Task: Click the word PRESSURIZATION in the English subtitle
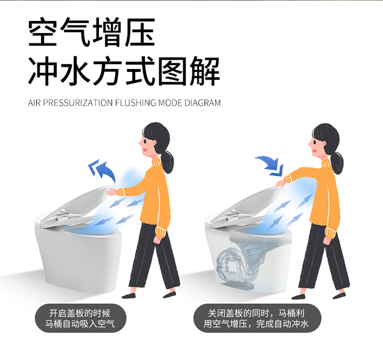tap(78, 103)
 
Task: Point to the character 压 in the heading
tap(140, 32)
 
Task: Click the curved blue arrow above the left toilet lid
tap(102, 170)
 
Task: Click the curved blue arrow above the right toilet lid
tap(270, 165)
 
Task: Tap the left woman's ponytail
tap(167, 161)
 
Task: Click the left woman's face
tap(146, 146)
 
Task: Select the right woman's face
tap(316, 146)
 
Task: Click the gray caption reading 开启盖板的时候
tap(80, 313)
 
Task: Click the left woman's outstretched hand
tap(112, 192)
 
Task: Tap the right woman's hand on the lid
tap(281, 183)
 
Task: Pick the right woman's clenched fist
tap(327, 241)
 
